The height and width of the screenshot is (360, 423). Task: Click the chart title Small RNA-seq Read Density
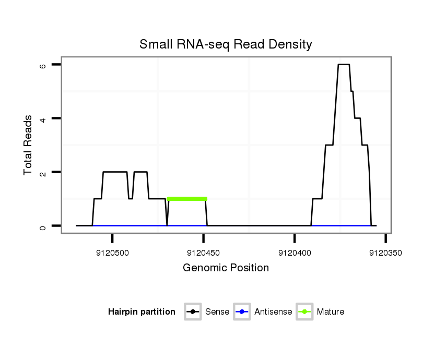tap(226, 44)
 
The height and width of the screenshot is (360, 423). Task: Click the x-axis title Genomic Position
tap(226, 268)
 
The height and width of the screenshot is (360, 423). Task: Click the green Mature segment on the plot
tap(187, 199)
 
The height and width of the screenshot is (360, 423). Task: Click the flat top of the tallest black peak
tap(344, 65)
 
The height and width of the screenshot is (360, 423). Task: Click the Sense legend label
tap(217, 312)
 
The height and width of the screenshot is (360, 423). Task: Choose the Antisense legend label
tap(273, 312)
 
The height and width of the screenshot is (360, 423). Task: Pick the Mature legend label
tap(331, 312)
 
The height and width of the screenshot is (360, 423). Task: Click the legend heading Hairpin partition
tap(142, 312)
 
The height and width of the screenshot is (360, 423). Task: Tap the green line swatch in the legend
tap(304, 312)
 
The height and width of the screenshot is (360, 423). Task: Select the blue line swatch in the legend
tap(243, 312)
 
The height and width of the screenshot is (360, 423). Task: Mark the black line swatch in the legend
tap(193, 312)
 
